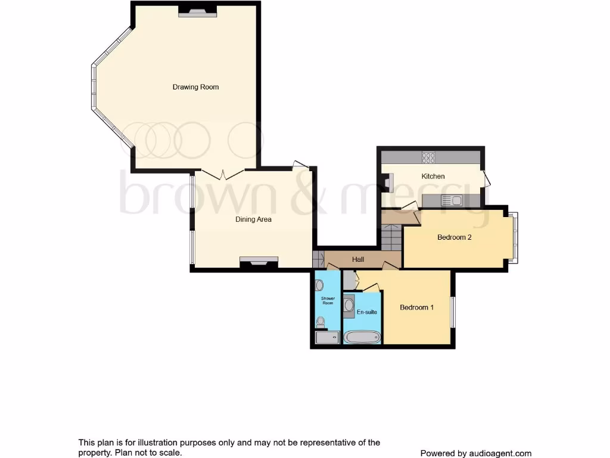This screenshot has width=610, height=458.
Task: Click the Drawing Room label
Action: pyautogui.click(x=195, y=87)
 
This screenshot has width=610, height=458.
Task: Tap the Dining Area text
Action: pyautogui.click(x=253, y=219)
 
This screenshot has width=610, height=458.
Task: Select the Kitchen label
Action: pyautogui.click(x=433, y=177)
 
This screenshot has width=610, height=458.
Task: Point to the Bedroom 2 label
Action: pyautogui.click(x=455, y=237)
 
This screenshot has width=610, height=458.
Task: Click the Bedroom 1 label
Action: pyautogui.click(x=416, y=308)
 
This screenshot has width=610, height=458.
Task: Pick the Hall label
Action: pyautogui.click(x=358, y=259)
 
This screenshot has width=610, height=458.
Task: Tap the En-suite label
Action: pyautogui.click(x=366, y=312)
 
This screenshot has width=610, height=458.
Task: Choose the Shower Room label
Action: pyautogui.click(x=328, y=301)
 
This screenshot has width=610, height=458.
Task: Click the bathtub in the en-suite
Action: pyautogui.click(x=362, y=338)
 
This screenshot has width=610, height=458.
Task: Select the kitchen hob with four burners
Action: pyautogui.click(x=428, y=158)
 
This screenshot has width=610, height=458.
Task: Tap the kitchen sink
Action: pyautogui.click(x=452, y=201)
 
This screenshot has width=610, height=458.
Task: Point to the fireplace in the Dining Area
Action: pyautogui.click(x=259, y=261)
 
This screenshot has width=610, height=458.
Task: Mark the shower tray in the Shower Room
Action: pyautogui.click(x=327, y=338)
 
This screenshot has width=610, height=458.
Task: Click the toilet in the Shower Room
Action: pyautogui.click(x=321, y=323)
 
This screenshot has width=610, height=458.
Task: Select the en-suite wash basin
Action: pyautogui.click(x=348, y=305)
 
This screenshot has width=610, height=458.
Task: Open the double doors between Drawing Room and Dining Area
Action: pyautogui.click(x=223, y=174)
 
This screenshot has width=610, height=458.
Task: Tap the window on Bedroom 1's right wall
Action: pyautogui.click(x=453, y=311)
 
